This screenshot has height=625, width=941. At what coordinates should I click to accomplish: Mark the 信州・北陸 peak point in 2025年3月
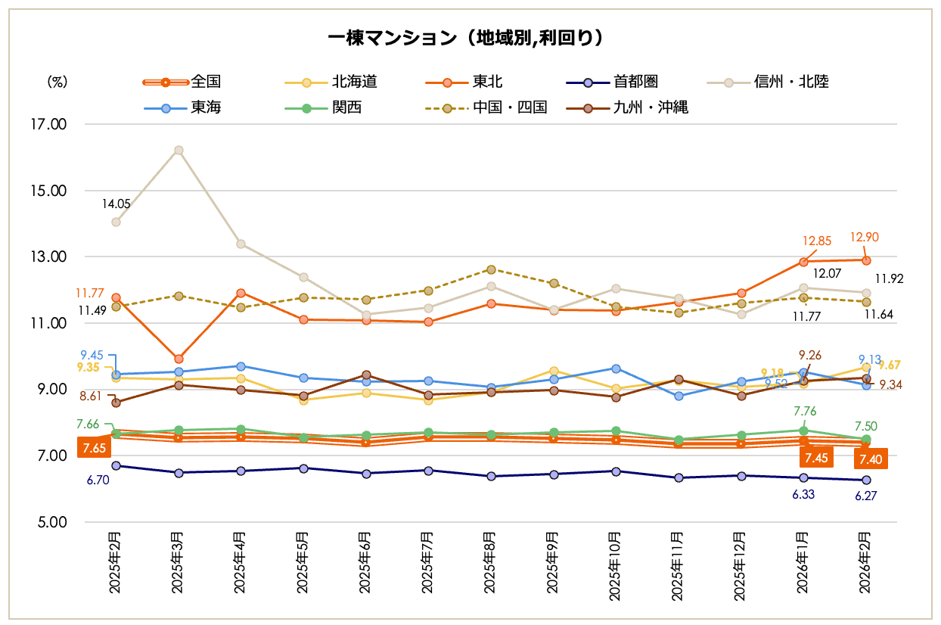coord(179,150)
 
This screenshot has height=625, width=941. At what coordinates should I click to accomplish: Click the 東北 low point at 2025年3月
coord(179,359)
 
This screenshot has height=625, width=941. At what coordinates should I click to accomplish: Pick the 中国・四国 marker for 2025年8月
coord(491,269)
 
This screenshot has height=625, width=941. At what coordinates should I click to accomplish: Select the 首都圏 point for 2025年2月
coord(116,465)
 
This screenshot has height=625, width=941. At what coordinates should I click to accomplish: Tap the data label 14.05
coord(117,204)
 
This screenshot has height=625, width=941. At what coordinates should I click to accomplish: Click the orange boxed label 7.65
coord(94,449)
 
